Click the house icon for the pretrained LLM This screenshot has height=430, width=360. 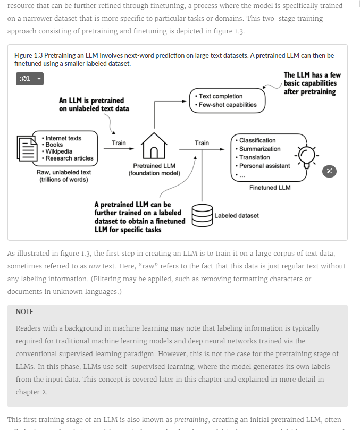point(154,146)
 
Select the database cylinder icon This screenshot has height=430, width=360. point(202,215)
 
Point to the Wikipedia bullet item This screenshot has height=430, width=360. point(58,151)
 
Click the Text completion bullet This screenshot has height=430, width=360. point(220,96)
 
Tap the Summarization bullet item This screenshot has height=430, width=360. point(259,149)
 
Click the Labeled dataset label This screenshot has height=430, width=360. point(237,216)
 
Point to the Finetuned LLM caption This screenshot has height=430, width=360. point(270,188)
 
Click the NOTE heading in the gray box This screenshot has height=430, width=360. point(24,311)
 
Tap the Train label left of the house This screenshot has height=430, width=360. point(119,143)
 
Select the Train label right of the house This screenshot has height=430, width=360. point(202,143)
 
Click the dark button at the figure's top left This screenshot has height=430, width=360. point(29,79)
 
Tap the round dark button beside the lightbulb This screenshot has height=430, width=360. point(330,171)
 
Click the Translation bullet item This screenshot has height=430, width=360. point(254,157)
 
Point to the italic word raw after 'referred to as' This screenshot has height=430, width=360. point(94,266)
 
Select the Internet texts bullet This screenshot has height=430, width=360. point(63,138)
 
